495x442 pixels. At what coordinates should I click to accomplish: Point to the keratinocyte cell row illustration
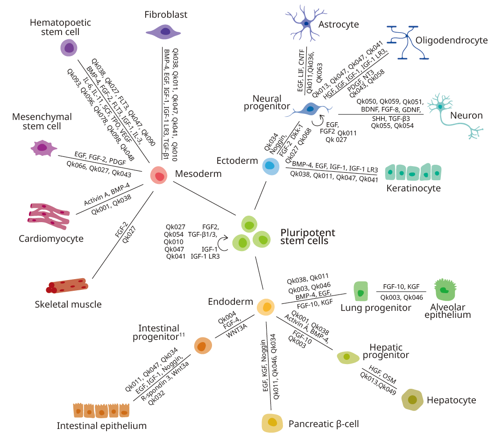413,172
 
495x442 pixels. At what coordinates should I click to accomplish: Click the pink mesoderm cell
159,176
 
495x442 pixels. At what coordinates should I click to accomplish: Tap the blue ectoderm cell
270,166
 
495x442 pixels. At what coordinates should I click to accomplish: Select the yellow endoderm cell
267,307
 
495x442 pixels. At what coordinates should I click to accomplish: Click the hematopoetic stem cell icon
69,48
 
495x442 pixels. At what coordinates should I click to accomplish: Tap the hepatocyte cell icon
412,400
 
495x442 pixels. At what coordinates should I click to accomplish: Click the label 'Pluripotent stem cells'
307,237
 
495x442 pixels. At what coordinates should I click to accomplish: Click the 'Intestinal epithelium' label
102,425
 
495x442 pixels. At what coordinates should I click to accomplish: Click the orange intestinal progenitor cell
203,346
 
